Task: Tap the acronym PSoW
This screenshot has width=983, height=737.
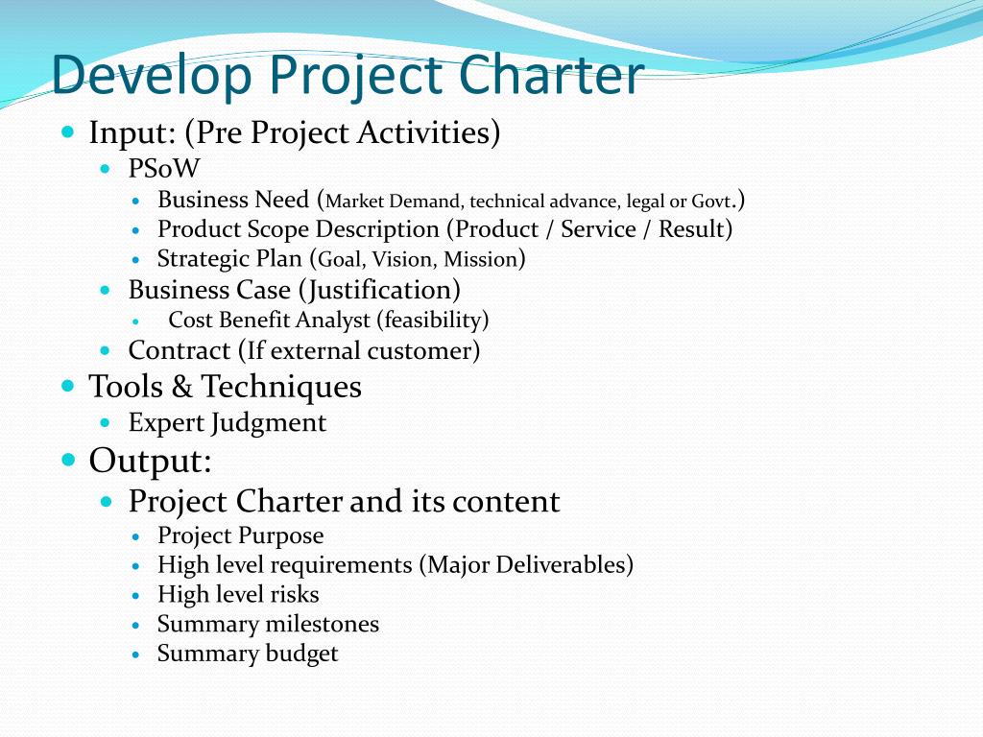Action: (x=164, y=168)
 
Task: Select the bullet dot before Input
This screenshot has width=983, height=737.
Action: (x=68, y=132)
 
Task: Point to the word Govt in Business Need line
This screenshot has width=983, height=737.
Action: (x=711, y=202)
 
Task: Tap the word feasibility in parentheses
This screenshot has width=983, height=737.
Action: (x=433, y=320)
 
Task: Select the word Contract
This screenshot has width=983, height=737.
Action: (x=180, y=350)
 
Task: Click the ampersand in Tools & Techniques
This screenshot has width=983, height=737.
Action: (x=181, y=386)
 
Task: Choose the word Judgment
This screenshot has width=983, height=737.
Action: (x=269, y=423)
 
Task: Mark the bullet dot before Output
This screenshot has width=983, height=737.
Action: (x=68, y=460)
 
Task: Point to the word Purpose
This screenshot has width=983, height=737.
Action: (x=282, y=535)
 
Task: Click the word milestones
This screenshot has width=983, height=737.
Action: (x=323, y=624)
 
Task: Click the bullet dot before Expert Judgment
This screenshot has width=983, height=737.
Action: (x=105, y=423)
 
